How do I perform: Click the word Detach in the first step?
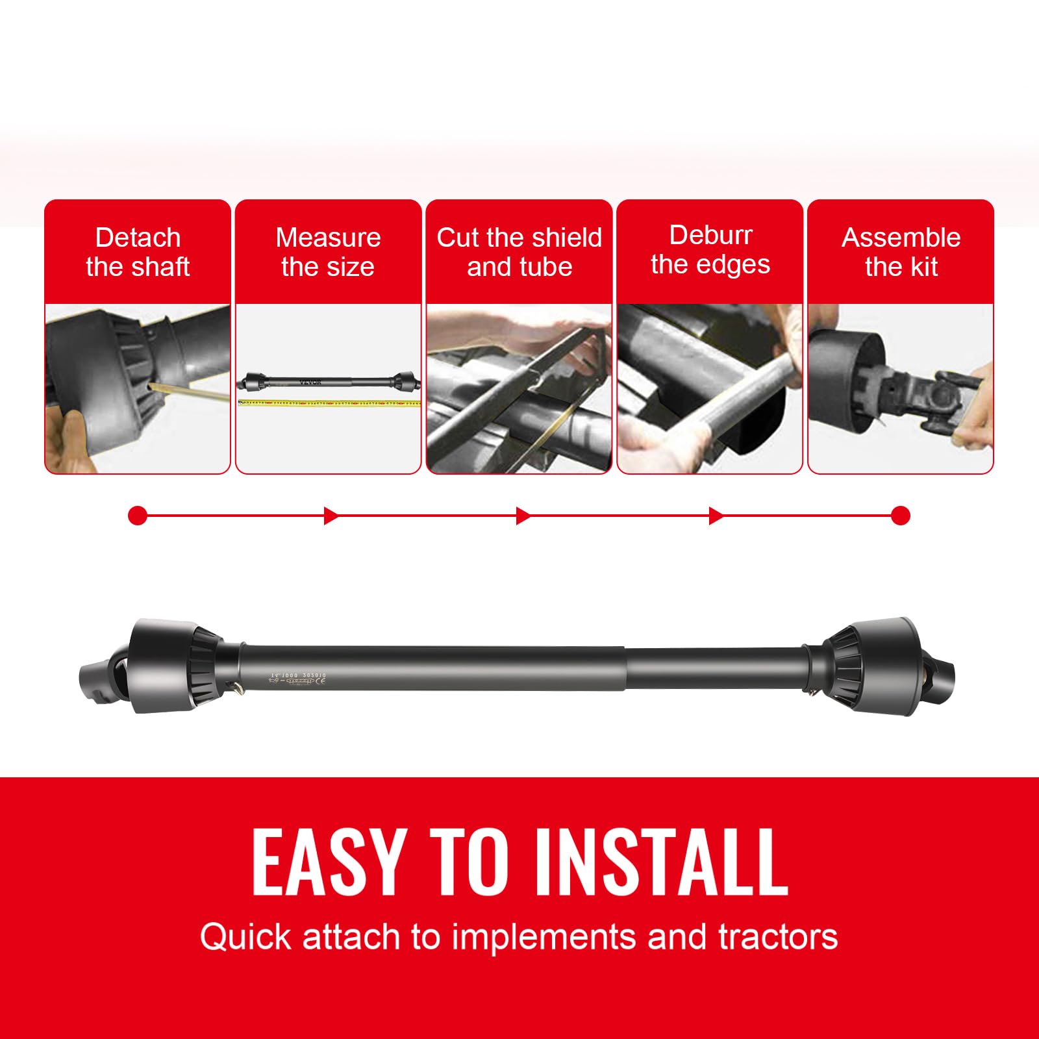tap(138, 238)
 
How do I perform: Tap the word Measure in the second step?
tap(328, 238)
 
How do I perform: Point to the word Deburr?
tap(710, 235)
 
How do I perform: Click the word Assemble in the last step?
tap(901, 238)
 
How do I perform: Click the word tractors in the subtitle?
tap(777, 937)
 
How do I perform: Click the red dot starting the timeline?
tap(138, 516)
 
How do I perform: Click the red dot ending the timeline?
tap(901, 516)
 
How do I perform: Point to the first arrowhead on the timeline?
tap(331, 516)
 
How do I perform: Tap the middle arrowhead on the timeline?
tap(523, 516)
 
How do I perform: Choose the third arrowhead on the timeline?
tap(716, 516)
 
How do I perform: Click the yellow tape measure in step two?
tap(329, 403)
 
